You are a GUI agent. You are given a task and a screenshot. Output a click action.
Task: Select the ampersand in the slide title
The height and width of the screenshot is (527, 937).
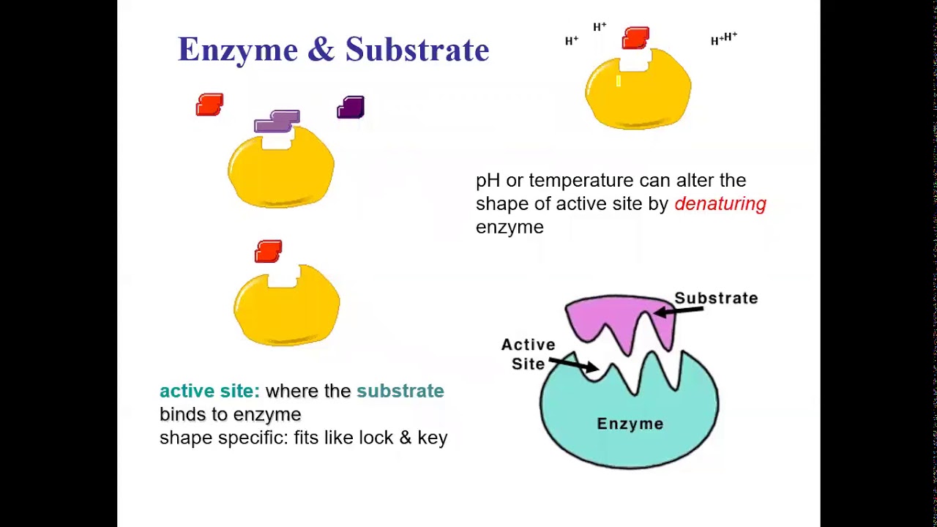(x=321, y=50)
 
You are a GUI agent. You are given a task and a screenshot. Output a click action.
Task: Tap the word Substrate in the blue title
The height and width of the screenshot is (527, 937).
(x=417, y=50)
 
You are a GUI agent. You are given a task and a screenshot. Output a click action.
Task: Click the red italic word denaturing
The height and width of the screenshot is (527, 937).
(x=720, y=204)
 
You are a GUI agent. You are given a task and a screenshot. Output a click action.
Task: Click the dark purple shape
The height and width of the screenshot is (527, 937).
(x=351, y=108)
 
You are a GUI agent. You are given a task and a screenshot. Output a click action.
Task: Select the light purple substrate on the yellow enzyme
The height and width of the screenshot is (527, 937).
(x=277, y=121)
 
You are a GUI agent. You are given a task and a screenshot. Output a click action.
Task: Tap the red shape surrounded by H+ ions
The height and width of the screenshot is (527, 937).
(x=635, y=38)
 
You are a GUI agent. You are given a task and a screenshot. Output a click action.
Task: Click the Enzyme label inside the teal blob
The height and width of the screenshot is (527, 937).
(x=630, y=424)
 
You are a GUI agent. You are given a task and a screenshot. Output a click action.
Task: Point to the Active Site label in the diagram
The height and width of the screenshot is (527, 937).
(x=528, y=354)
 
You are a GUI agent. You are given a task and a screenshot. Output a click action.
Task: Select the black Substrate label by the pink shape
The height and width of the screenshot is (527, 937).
(x=715, y=299)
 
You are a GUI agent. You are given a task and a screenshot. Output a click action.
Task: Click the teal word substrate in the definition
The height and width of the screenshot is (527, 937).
(x=400, y=391)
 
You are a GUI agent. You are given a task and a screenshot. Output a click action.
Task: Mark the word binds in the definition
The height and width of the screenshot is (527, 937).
(x=184, y=414)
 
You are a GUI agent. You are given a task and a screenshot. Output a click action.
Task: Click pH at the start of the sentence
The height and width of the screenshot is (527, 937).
(x=488, y=181)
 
